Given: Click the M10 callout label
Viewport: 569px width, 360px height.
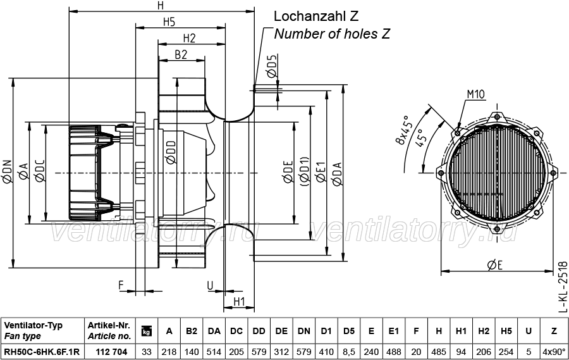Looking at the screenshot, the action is [x=475, y=94].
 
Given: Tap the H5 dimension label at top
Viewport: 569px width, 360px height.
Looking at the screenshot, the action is [x=169, y=22].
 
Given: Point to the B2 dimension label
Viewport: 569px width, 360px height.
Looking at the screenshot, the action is [x=181, y=54].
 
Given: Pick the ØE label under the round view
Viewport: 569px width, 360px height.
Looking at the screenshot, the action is [x=495, y=266].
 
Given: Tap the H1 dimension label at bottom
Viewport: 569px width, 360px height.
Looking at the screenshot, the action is [x=239, y=302].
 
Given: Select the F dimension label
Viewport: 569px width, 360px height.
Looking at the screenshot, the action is [x=121, y=285].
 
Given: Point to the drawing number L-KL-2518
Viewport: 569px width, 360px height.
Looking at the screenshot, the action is [x=562, y=287].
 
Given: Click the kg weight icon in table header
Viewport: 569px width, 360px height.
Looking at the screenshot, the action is [x=146, y=331].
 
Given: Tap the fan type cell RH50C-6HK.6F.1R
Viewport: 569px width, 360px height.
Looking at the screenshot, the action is [x=42, y=352].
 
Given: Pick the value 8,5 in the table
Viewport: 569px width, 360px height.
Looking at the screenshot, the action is [x=349, y=352].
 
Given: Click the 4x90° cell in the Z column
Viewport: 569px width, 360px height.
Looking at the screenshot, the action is [x=554, y=352].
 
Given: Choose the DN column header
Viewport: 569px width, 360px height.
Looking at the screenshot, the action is [x=303, y=331].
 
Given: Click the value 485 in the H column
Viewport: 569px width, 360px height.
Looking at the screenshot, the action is [x=439, y=352].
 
